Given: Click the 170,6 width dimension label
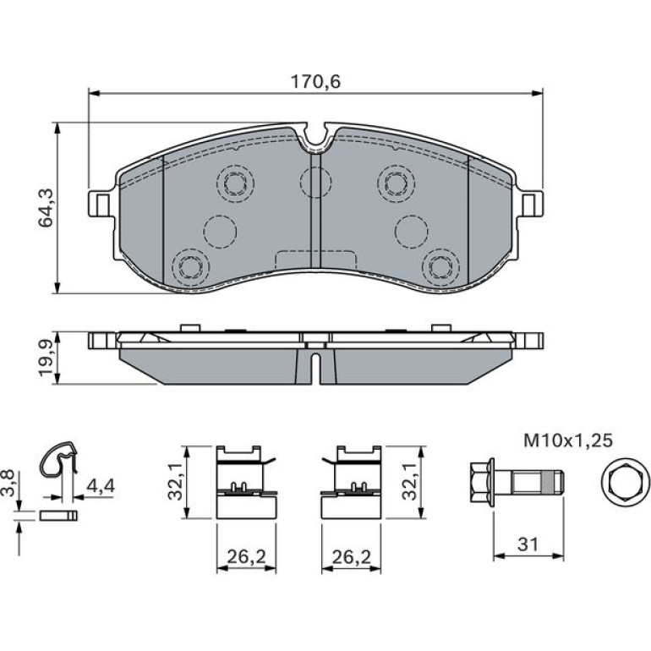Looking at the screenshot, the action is coord(315,82).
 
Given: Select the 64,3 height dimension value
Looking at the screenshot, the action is coord(46,208).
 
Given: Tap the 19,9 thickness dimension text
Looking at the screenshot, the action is coord(46,358).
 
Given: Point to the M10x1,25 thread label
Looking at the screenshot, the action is coord(568,440).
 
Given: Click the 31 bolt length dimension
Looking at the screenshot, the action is coord(528,544).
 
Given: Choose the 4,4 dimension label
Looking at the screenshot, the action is coord(99,485).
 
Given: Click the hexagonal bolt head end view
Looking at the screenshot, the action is coord(626,482).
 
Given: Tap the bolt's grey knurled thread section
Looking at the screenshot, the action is coord(549,483).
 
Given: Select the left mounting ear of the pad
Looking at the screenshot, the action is coord(100,203).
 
